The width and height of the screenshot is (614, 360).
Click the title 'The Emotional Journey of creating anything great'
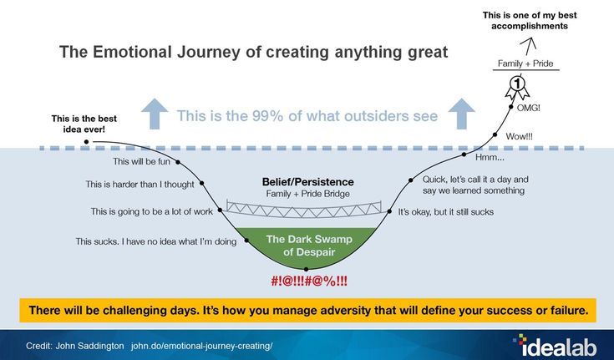(253, 52)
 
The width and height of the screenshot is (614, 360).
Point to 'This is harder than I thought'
(140, 185)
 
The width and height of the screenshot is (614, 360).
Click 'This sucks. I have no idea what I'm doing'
(156, 241)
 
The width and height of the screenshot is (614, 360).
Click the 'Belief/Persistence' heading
(307, 181)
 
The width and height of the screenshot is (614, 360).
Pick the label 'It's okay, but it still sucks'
(445, 212)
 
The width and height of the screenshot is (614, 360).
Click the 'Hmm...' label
(489, 157)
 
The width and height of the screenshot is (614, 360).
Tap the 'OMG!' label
(528, 108)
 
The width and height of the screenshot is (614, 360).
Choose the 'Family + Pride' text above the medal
(525, 63)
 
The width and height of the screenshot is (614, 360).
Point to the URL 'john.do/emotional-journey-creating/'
(201, 345)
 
